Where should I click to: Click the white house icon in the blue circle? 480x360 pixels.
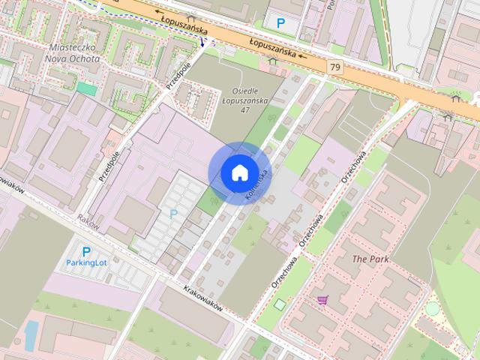(x=239, y=172)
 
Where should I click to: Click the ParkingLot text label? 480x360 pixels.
(x=87, y=263)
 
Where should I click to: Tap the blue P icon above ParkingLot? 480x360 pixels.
(x=86, y=252)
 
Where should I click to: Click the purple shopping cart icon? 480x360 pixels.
(x=322, y=300)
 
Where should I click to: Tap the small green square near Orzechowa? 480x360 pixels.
(x=280, y=304)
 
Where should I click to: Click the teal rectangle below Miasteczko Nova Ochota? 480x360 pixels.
(x=87, y=88)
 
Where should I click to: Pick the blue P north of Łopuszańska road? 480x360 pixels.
(x=281, y=23)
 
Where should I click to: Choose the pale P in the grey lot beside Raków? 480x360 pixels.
(x=174, y=214)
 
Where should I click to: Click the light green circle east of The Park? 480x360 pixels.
(x=432, y=307)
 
